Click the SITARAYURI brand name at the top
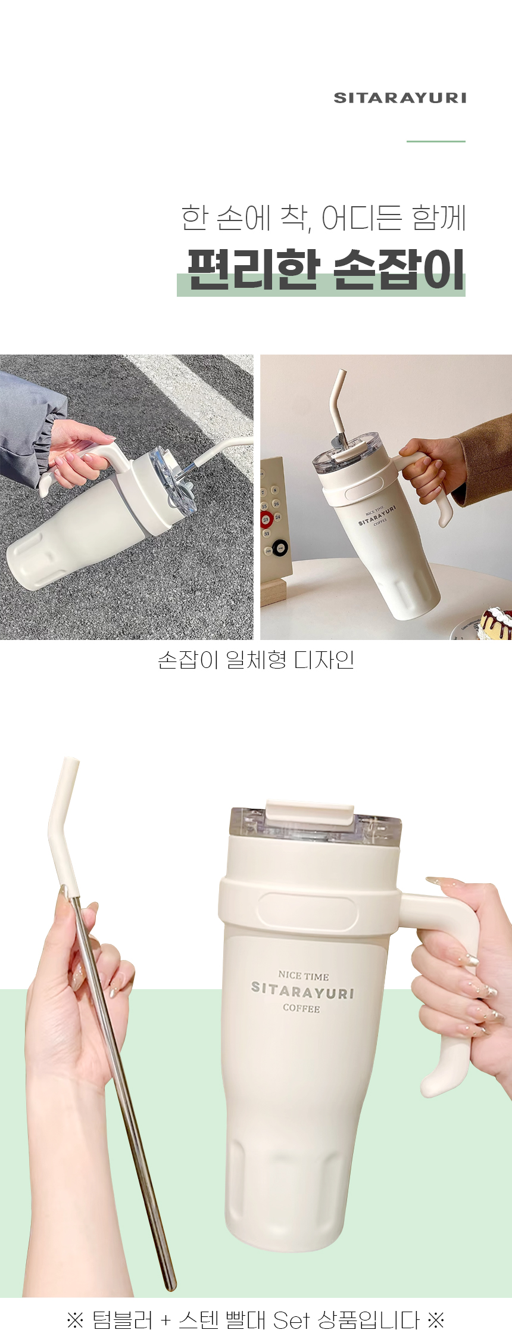(399, 98)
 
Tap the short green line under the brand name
(436, 141)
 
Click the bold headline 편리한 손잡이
(326, 269)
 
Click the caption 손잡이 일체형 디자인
(256, 660)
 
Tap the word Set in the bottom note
(292, 1320)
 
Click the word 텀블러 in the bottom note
(123, 1320)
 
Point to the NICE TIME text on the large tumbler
(304, 975)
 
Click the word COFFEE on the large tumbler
(301, 1008)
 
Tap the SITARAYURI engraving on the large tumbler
(302, 991)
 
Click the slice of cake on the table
(497, 622)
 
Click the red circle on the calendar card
(266, 519)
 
